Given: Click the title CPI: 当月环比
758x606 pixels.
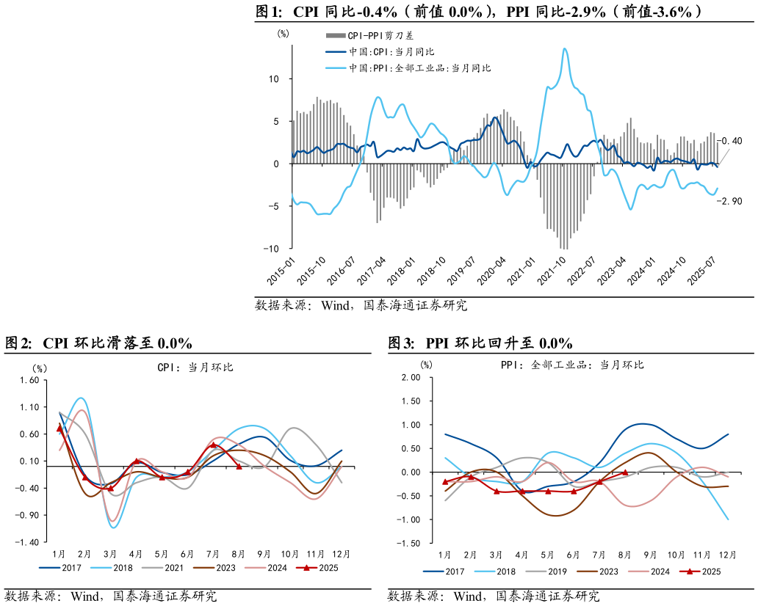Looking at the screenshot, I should point(195,367).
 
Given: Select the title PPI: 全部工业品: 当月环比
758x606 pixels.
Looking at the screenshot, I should point(572,365).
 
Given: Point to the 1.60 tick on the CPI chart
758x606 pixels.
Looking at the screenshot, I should point(29,380).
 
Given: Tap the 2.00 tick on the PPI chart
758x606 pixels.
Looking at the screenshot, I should point(410,377).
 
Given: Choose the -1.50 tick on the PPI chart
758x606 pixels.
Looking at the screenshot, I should point(408,544).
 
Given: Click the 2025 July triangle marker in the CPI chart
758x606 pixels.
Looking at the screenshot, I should point(213,445).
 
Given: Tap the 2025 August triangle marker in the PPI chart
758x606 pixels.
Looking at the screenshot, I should point(625,472).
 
